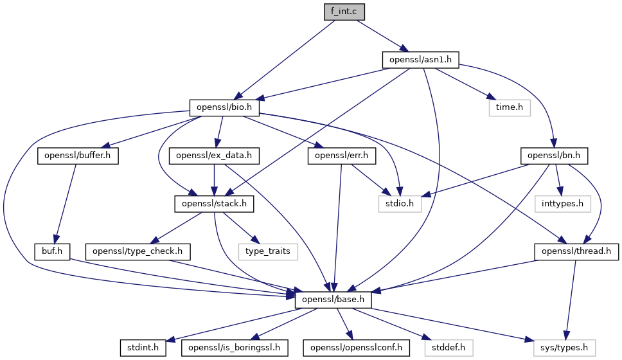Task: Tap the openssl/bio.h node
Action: (224, 107)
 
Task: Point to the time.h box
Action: (510, 107)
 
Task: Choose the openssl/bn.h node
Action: (555, 156)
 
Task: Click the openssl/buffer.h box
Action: (78, 156)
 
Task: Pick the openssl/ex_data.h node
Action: (213, 156)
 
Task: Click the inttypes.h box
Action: (563, 204)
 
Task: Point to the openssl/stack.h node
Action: (214, 204)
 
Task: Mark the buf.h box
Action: (52, 251)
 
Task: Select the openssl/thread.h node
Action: (576, 251)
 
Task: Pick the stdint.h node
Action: (143, 348)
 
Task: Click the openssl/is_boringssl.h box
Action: (234, 348)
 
